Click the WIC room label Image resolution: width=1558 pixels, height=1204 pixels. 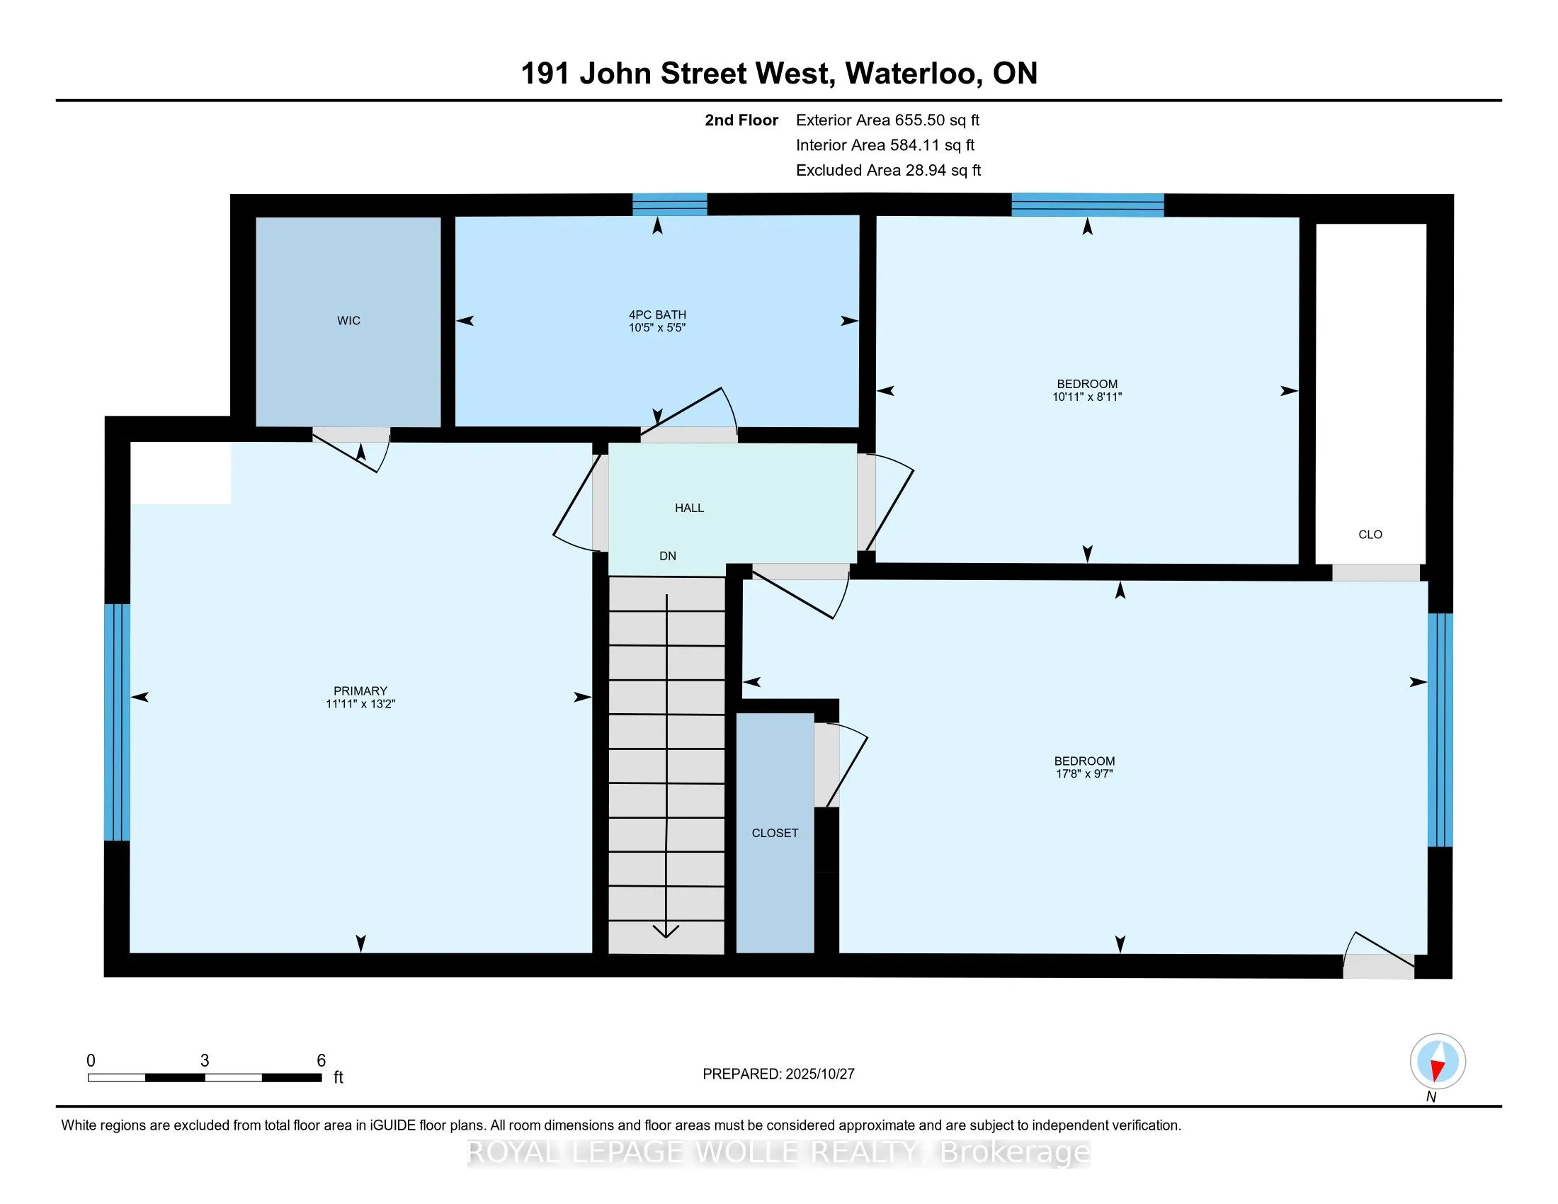(x=348, y=321)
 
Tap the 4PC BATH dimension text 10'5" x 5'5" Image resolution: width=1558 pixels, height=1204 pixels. (x=657, y=328)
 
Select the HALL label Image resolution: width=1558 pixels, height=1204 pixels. (x=689, y=508)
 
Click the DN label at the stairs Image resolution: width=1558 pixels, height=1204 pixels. (x=668, y=557)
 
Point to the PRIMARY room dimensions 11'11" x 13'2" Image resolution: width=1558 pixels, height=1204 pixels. (x=360, y=704)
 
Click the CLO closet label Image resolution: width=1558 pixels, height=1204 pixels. (x=1370, y=535)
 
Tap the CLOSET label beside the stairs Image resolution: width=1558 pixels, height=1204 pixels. (x=775, y=833)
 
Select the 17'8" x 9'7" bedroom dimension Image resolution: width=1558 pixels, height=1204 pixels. (x=1084, y=774)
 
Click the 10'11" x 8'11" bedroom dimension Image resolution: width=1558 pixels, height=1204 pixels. (x=1087, y=397)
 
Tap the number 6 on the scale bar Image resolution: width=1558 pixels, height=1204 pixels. (x=321, y=1061)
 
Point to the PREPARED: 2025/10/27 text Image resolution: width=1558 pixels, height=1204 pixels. (x=778, y=1074)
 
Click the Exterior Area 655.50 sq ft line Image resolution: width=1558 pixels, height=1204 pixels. (x=887, y=120)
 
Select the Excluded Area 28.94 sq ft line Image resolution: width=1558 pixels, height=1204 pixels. (x=888, y=171)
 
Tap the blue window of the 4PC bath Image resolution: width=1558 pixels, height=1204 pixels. (x=670, y=205)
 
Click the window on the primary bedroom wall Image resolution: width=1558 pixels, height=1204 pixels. (x=118, y=722)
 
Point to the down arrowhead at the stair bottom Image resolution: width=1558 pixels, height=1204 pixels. (x=666, y=931)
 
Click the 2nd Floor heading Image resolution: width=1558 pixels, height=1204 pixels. (x=741, y=120)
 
